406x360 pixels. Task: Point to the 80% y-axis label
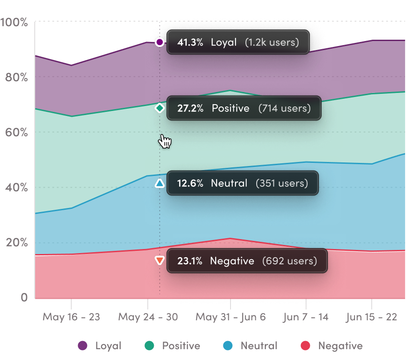[17, 77]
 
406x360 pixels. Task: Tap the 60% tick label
[17, 132]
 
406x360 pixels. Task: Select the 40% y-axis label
[17, 188]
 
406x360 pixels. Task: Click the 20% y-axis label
[17, 243]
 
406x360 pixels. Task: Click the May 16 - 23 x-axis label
[71, 317]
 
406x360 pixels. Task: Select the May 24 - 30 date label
[148, 317]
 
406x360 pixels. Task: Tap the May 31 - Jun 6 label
[231, 317]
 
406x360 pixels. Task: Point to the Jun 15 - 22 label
[372, 317]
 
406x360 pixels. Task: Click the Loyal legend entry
[100, 346]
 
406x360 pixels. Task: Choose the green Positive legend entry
[173, 346]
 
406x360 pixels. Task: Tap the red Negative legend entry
[332, 346]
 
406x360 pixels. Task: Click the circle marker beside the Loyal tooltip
[159, 42]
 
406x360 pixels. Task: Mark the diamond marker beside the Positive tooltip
[159, 108]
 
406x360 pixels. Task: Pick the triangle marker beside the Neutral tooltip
[159, 183]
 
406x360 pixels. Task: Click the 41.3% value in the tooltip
[190, 42]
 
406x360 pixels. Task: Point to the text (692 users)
[290, 261]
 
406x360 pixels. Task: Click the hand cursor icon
[165, 142]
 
